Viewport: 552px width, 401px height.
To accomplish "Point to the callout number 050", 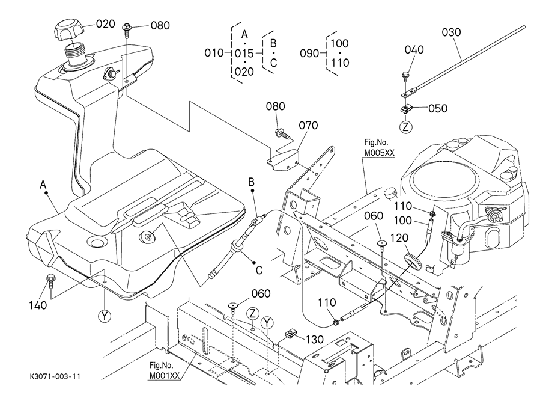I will tap(437, 109).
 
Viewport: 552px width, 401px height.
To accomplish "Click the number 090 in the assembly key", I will tap(309, 54).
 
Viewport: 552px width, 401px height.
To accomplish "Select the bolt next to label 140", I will tap(50, 280).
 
